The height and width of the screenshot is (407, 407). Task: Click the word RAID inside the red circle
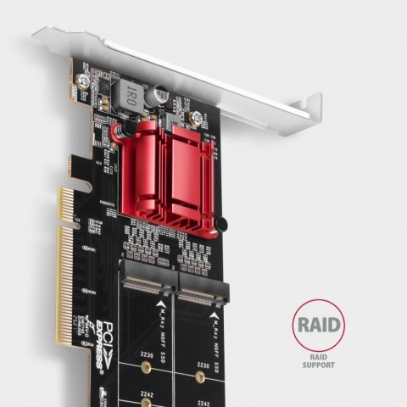tap(319, 325)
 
